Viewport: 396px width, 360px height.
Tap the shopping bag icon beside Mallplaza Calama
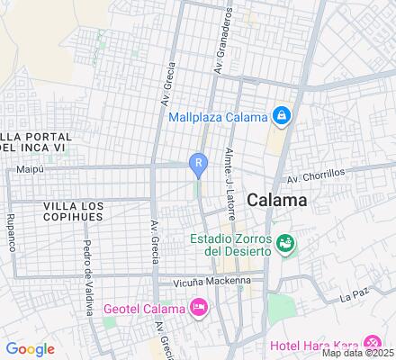[282, 116]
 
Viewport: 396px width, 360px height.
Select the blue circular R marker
[197, 162]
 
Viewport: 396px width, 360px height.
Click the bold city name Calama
[276, 200]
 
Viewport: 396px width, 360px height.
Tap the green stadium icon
[285, 243]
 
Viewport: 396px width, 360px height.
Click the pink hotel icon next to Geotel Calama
[200, 309]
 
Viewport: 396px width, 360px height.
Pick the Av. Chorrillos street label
[317, 177]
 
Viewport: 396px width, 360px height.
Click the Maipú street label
[31, 169]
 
